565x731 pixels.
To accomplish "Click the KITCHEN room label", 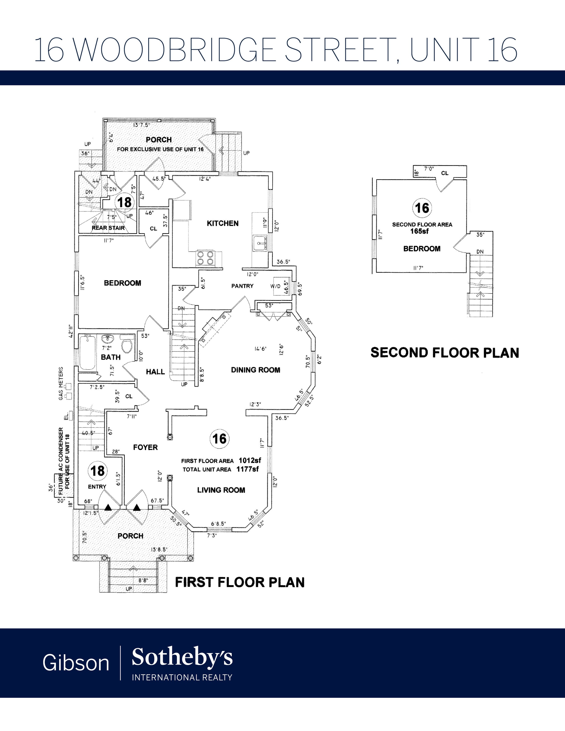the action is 223,223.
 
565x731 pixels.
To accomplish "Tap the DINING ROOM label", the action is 255,370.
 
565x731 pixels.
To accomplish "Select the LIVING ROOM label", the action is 221,490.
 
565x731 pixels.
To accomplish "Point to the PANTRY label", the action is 242,286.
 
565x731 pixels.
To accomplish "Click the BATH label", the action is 111,357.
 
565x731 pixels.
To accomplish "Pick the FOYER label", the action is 145,447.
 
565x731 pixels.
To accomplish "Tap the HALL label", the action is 155,371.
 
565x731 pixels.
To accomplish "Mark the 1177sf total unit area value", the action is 248,469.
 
